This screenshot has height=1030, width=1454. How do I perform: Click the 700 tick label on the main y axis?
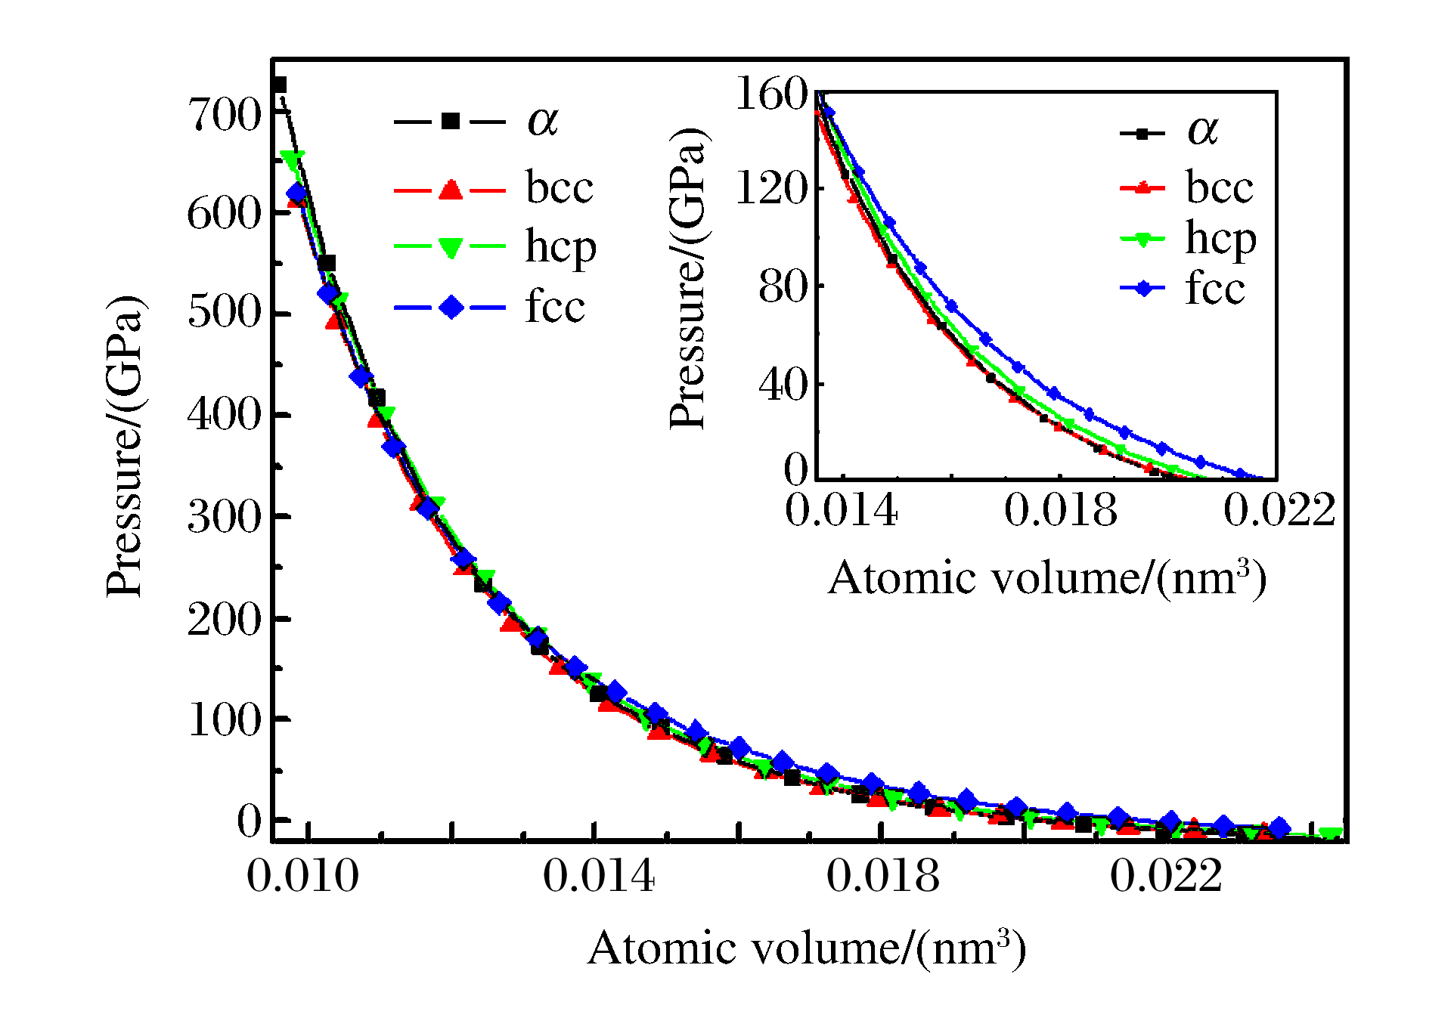pos(224,116)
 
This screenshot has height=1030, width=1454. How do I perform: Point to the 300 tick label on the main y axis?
pos(224,518)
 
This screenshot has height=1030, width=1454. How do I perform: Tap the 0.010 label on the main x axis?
pos(302,877)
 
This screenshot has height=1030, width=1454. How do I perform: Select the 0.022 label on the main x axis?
pos(1165,877)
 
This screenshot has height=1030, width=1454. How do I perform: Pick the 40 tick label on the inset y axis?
pos(783,385)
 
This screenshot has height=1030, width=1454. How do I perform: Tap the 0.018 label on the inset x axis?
pos(1060,510)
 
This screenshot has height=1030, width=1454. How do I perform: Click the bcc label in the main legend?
pos(560,187)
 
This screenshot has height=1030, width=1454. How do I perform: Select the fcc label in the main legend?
pos(555,307)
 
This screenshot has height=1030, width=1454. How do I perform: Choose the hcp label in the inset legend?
pos(1220,239)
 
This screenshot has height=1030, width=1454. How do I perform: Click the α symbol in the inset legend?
pos(1203,131)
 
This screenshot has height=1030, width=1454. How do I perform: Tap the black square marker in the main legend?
pos(451,121)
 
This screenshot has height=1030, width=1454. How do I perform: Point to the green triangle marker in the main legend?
pos(451,247)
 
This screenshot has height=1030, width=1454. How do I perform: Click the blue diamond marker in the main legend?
pos(451,307)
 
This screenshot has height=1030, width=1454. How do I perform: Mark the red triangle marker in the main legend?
pos(451,189)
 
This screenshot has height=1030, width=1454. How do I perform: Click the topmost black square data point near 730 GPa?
pos(279,85)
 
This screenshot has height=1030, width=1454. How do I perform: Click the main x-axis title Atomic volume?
pos(806,948)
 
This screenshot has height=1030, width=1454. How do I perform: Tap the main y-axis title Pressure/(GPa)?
pos(124,446)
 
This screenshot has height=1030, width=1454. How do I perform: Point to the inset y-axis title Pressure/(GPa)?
pos(688,278)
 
